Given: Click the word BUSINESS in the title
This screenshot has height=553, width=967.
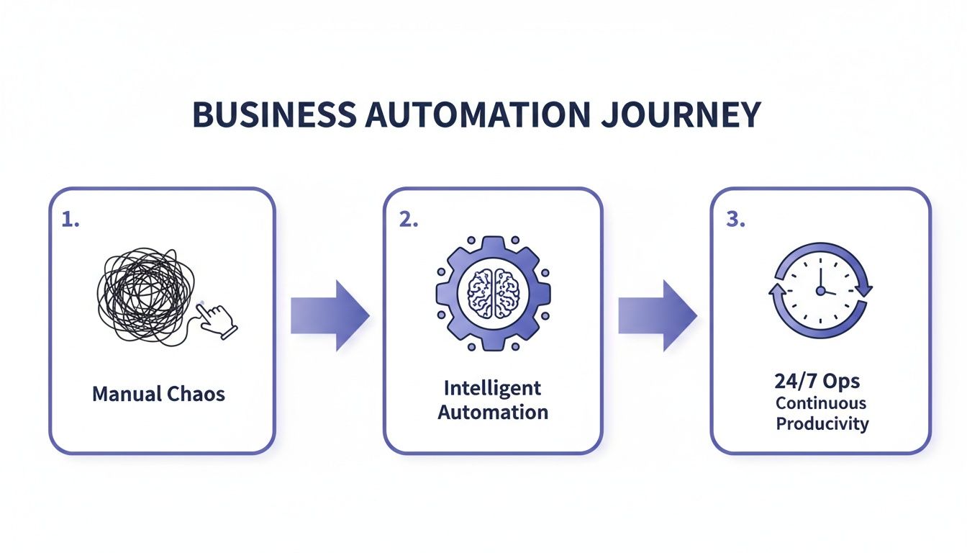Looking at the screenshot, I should (273, 115).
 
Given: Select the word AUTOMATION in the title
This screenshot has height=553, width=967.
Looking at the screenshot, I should (473, 115).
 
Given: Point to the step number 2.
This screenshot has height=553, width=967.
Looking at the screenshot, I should (408, 220).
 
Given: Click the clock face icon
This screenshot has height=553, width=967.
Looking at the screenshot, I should (820, 290).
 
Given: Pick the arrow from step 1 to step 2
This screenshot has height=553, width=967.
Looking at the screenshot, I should (330, 315).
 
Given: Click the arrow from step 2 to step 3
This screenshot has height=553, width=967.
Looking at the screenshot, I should (657, 315).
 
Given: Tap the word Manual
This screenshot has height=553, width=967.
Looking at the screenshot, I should (125, 394).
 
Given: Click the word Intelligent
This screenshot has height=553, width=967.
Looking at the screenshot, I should (493, 388).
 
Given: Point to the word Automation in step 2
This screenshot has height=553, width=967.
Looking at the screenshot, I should (493, 413).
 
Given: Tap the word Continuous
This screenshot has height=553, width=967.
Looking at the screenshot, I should (821, 403).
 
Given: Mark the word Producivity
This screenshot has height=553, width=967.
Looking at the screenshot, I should (822, 423).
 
